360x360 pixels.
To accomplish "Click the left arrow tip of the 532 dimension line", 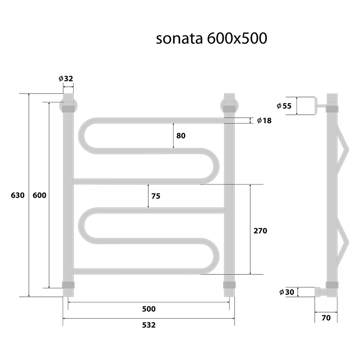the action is [63, 318].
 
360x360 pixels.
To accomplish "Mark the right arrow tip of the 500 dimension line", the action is [230, 302].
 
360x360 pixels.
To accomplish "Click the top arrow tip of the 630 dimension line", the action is [29, 94].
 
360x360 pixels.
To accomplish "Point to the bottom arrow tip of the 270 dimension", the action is [250, 274].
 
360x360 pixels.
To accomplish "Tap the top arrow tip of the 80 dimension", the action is [173, 124].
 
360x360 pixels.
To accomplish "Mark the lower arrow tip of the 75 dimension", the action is [148, 208].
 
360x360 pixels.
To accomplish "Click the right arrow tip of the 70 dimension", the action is [337, 312].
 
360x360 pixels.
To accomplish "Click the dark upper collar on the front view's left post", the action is [69, 108].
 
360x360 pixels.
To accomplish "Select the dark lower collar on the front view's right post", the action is [229, 285].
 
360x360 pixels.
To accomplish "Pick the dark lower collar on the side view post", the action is [332, 285].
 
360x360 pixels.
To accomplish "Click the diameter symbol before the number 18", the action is [260, 120].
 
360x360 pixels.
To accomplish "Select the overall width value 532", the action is [149, 325].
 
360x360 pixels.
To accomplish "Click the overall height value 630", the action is [18, 195].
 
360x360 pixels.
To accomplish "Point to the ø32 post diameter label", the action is [66, 79].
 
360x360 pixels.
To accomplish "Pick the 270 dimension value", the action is [260, 231].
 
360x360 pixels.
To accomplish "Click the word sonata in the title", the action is [180, 39].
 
